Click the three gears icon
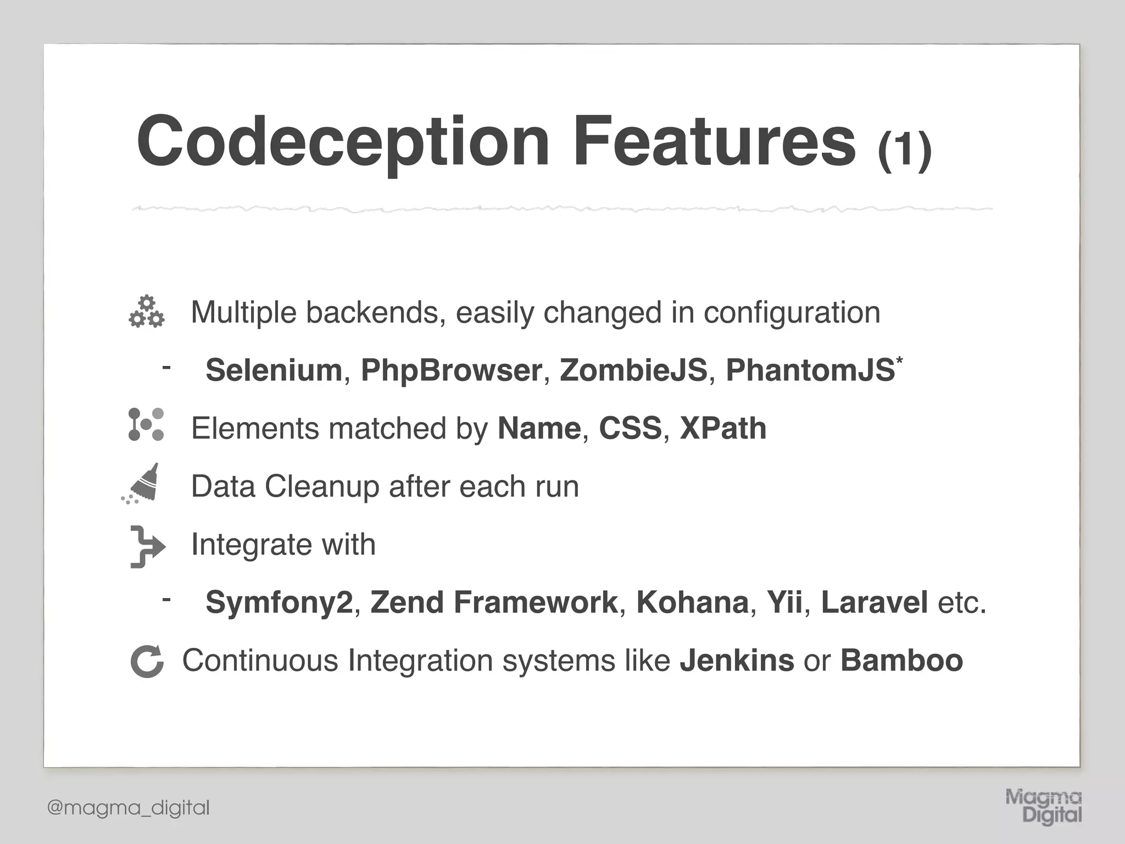(x=147, y=312)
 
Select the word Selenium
(x=274, y=370)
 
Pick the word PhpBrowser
(x=451, y=370)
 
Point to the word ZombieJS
(x=633, y=370)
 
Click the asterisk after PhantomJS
(x=899, y=360)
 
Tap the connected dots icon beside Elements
(x=146, y=424)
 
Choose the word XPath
(x=722, y=428)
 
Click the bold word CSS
(x=630, y=428)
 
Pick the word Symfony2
(x=279, y=602)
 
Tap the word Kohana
(x=692, y=602)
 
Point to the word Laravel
(x=874, y=602)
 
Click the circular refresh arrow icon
(x=147, y=661)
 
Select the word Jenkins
(x=736, y=660)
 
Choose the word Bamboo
(x=901, y=660)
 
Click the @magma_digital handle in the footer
(x=129, y=808)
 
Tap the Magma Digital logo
(x=1043, y=806)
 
